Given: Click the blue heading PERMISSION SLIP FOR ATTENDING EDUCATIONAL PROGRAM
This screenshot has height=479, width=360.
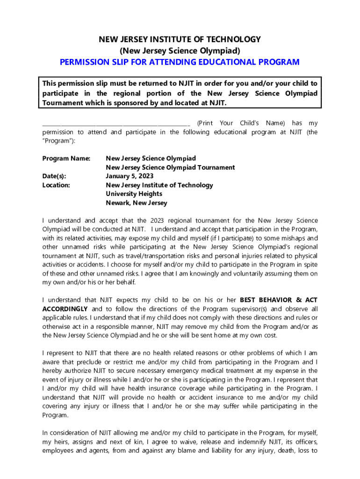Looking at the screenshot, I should tap(180, 62).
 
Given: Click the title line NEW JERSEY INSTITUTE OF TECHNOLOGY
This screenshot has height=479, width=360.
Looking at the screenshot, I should tap(180, 39).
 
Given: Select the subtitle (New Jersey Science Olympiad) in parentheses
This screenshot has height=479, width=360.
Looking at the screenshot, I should tap(180, 51).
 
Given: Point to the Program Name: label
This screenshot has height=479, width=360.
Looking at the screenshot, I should tap(66, 159).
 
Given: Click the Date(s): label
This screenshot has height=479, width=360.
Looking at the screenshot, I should tap(54, 176).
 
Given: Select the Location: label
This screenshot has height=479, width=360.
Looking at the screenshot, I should tap(56, 185).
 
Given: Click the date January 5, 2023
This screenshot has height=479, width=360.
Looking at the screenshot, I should tap(130, 176).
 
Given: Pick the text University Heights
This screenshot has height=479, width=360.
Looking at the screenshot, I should tap(134, 194).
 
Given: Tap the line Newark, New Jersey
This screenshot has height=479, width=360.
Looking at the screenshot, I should tap(136, 203).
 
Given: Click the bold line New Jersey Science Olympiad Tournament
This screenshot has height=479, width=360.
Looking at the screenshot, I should tap(170, 167).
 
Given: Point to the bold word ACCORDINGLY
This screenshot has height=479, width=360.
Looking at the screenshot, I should tap(65, 309).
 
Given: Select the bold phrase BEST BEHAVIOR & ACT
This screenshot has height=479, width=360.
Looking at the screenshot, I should tap(279, 300).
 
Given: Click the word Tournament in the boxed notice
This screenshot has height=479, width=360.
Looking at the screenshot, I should tap(63, 103).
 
